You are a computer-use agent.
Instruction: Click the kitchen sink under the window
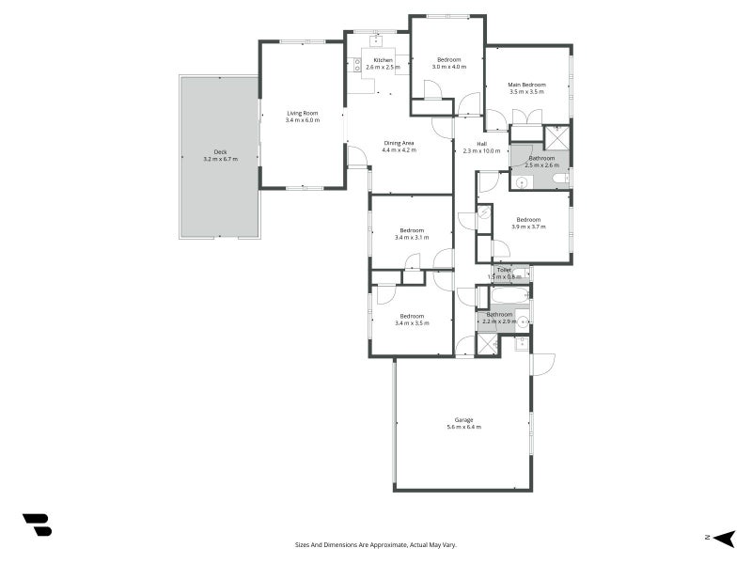(377, 40)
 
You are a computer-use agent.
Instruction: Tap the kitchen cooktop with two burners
(357, 65)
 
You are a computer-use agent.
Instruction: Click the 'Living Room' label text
(303, 113)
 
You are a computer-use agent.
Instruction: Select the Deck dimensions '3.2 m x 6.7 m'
(220, 159)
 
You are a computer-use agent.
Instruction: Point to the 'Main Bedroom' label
(526, 85)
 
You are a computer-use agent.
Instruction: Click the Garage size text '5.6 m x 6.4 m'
(463, 427)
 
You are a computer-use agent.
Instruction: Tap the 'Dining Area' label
(399, 143)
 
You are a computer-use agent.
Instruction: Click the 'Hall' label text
(481, 144)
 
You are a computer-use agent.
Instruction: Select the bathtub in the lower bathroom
(509, 295)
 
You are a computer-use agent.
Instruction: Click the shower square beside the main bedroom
(556, 138)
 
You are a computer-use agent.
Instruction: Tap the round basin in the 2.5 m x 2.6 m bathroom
(523, 182)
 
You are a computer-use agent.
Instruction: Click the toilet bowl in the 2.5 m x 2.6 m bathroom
(559, 180)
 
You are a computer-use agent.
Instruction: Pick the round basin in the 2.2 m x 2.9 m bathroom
(523, 321)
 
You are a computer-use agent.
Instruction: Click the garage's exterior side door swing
(544, 365)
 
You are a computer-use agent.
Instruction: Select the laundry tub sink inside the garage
(521, 343)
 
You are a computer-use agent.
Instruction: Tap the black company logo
(38, 525)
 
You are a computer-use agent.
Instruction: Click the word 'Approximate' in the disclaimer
(392, 545)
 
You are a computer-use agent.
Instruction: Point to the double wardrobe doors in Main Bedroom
(527, 117)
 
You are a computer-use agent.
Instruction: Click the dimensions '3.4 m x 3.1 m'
(412, 238)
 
